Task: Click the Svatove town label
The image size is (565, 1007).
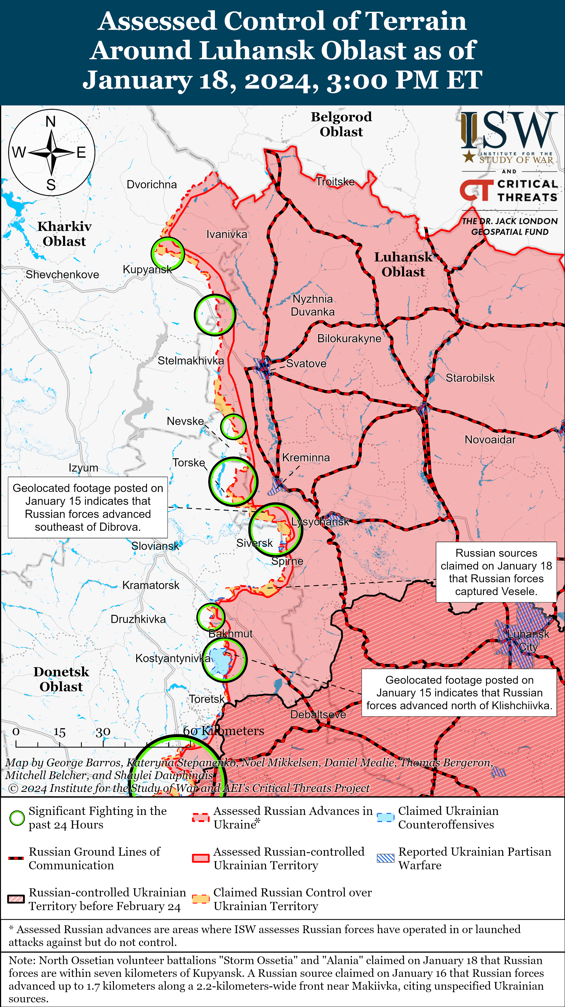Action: pos(306,364)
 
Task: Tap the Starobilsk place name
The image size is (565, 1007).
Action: pos(470,378)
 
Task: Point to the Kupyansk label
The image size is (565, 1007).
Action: pos(147,269)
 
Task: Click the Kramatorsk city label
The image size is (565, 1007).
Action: pos(151,585)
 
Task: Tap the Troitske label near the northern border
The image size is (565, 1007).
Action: pos(335,182)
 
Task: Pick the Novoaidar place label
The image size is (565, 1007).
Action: pos(490,440)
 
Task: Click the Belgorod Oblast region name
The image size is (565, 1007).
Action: pos(341,124)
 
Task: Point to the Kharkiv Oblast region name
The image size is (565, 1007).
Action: pos(64,234)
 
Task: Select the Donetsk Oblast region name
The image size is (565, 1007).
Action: pos(61,679)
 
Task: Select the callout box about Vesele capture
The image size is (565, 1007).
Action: pos(496,572)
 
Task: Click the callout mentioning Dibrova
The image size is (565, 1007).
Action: pos(88,507)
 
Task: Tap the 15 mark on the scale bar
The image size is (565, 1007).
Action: pos(59,732)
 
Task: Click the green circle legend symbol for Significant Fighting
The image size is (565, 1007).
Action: pos(17,818)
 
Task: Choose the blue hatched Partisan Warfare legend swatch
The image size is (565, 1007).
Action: pos(385,858)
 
